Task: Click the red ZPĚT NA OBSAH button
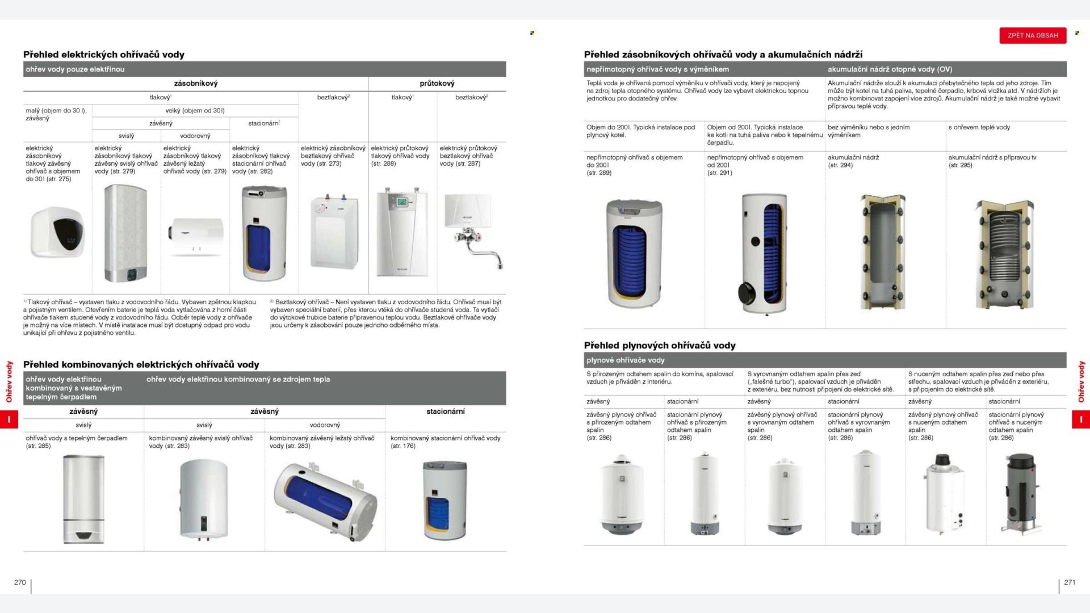1033,35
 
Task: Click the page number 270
20,582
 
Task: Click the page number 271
1070,582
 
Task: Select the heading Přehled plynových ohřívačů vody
660,345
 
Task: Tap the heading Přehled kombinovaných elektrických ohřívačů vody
141,364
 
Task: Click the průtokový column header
437,83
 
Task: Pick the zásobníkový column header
195,83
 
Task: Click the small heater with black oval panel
57,232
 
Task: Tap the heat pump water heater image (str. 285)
83,499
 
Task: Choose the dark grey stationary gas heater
1021,493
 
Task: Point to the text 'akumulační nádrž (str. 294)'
853,161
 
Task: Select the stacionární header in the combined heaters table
445,412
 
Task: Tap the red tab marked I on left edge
9,419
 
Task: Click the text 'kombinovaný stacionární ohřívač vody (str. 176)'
445,442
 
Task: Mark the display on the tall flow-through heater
402,202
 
